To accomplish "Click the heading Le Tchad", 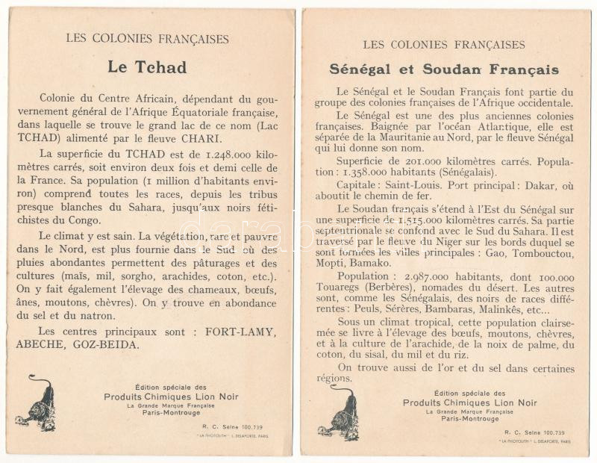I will tap(147, 67).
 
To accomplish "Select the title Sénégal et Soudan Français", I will tap(444, 70).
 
